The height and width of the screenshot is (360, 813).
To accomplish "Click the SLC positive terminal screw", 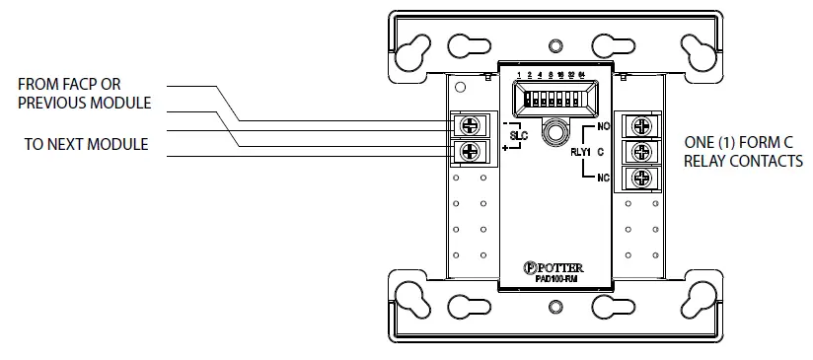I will click(x=468, y=151).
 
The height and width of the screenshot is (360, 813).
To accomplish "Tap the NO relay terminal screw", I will click(x=641, y=126).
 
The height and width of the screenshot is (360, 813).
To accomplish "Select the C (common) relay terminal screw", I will click(x=641, y=152).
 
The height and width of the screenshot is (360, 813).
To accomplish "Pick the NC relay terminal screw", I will click(x=641, y=178).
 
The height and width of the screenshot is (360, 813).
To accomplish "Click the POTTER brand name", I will click(x=558, y=267).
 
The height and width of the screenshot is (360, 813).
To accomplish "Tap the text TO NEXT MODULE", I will click(x=86, y=144).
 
